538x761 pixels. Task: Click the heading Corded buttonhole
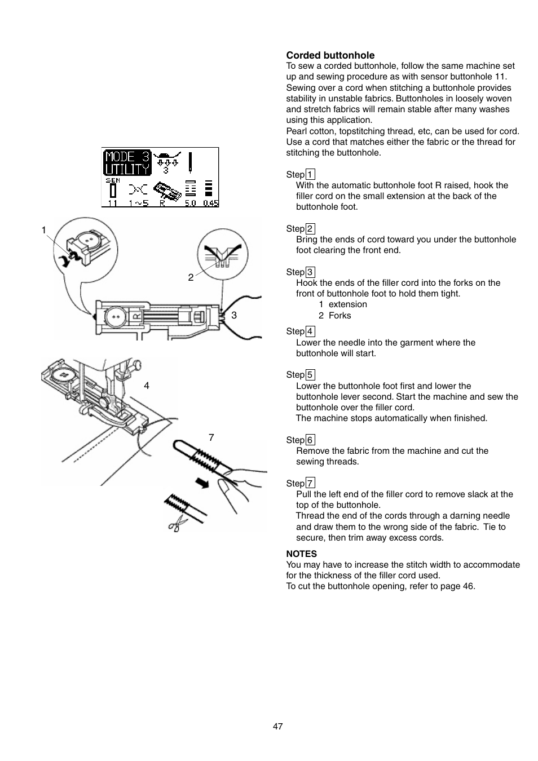(330, 55)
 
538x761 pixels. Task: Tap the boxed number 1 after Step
(310, 175)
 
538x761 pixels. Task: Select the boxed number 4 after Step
(310, 331)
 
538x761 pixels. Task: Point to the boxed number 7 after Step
(310, 483)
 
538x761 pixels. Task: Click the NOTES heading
(301, 554)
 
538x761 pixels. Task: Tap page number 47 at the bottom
(277, 727)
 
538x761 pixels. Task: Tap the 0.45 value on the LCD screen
(211, 203)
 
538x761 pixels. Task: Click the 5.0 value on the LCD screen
(191, 203)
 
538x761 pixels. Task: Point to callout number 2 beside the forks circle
(191, 277)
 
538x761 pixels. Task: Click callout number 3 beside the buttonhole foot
(234, 315)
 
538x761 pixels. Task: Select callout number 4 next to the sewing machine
(147, 386)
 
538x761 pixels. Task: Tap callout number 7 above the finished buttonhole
(211, 437)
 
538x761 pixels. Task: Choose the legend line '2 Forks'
(334, 316)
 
